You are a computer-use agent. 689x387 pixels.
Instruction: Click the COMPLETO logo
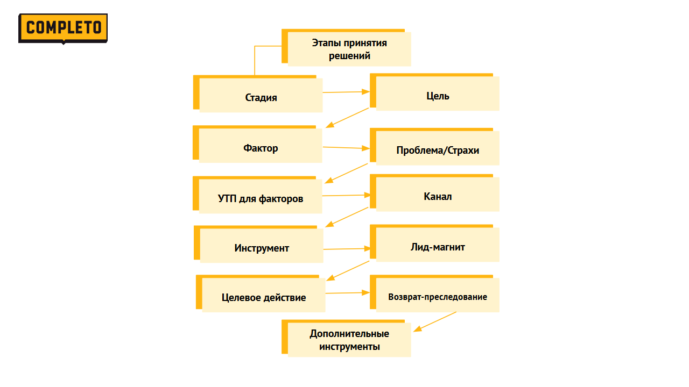click(63, 28)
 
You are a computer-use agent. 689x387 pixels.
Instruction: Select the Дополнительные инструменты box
click(349, 340)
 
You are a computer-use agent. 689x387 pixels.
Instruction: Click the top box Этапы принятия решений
click(349, 49)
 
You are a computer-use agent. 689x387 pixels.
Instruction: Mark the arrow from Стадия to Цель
click(346, 92)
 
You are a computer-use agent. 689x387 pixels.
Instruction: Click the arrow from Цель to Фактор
click(347, 118)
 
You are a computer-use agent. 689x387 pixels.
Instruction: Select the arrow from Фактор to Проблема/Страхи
click(346, 147)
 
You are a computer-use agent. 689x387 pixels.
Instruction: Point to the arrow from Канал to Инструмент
click(347, 217)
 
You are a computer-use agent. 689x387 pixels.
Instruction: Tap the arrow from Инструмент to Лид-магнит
click(347, 249)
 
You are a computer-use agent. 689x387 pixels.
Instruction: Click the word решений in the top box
click(349, 56)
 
